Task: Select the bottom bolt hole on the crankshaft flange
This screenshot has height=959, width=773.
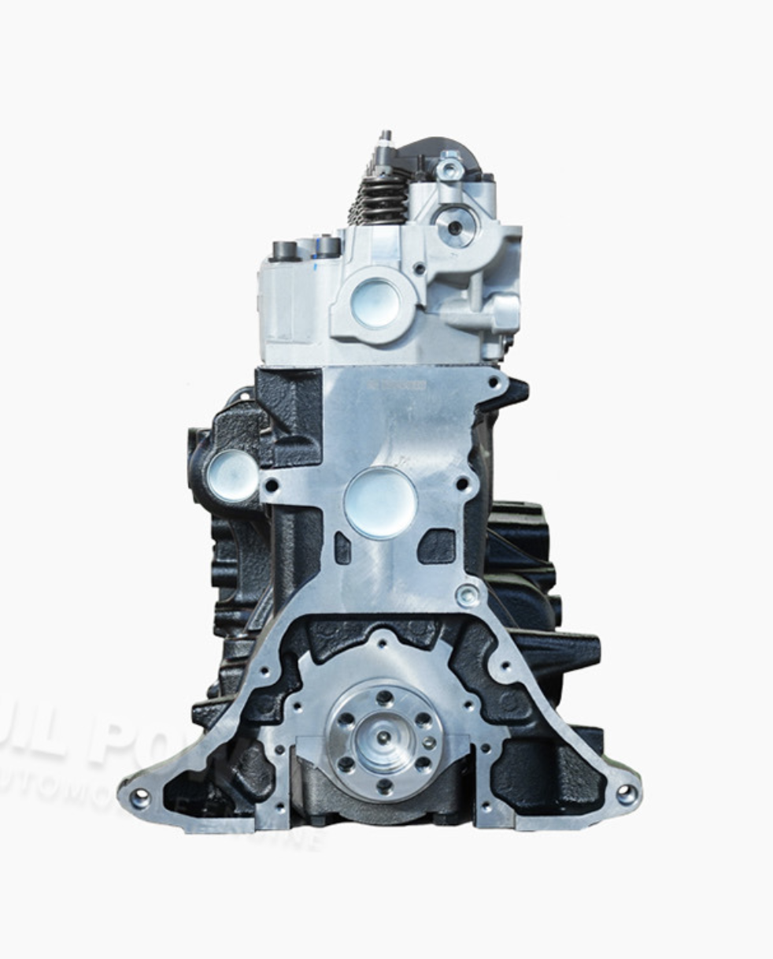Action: pos(383,785)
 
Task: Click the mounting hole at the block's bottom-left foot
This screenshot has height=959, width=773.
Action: pos(140,798)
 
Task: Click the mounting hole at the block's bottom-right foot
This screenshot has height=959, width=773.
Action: pos(627,794)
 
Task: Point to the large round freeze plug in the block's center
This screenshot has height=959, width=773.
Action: pos(380,502)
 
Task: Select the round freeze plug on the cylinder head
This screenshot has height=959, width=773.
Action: pos(374,303)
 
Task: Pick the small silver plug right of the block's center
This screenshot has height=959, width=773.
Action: pos(468,595)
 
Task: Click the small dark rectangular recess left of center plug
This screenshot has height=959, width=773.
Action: pos(342,548)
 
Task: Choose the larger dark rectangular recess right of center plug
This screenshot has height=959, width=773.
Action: pos(437,546)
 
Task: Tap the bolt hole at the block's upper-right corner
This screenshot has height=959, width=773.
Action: pos(494,381)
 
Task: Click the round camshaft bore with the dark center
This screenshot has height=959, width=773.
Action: pos(455,229)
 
